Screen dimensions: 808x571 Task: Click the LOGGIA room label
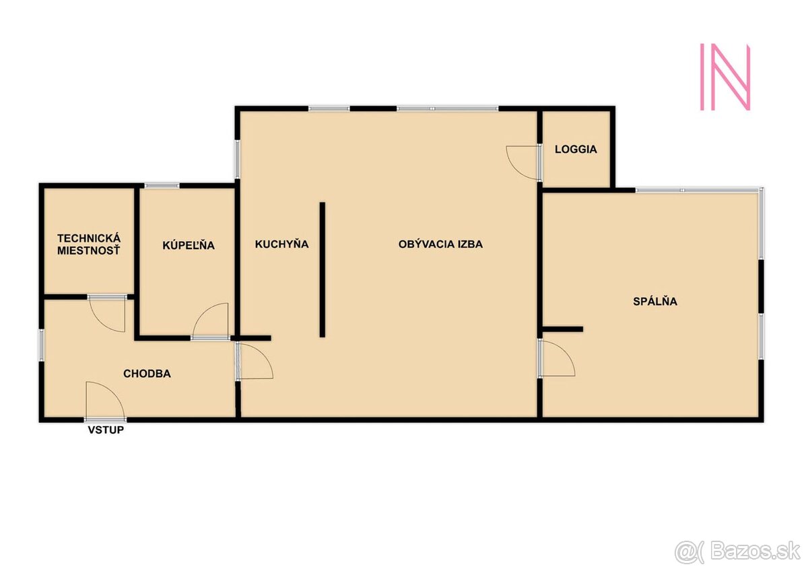[576, 149]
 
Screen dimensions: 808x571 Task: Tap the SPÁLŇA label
[655, 302]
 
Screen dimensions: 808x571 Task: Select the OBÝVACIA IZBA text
[440, 244]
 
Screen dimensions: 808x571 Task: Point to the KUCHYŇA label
[281, 244]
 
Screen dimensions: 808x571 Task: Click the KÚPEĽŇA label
[189, 245]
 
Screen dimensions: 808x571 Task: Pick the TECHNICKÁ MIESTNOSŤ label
[89, 244]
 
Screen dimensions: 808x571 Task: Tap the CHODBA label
[147, 374]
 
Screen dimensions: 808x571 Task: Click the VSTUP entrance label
[106, 430]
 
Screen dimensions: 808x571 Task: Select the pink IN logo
[725, 77]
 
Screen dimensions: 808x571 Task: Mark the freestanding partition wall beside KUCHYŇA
[322, 270]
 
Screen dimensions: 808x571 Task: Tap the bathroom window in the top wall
[162, 186]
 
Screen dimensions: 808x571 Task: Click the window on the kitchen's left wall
[237, 159]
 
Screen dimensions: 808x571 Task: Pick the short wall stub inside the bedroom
[563, 329]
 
